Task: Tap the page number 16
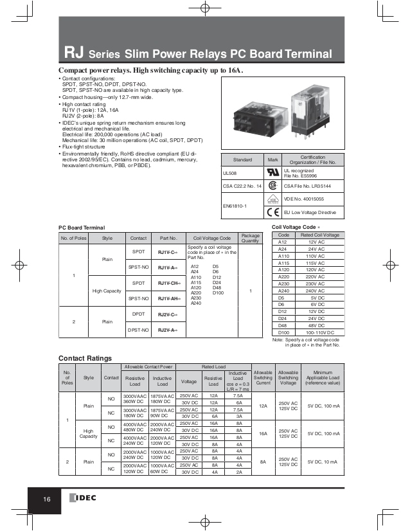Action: (47, 501)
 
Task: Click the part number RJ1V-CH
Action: (169, 283)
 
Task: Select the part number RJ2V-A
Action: (168, 330)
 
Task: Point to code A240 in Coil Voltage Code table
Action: (281, 291)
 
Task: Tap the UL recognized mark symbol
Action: (272, 173)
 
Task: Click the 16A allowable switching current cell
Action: (263, 433)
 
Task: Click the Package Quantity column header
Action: (251, 238)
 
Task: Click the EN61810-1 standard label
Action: (236, 205)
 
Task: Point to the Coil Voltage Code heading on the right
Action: (294, 227)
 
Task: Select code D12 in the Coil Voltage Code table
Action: (281, 312)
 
